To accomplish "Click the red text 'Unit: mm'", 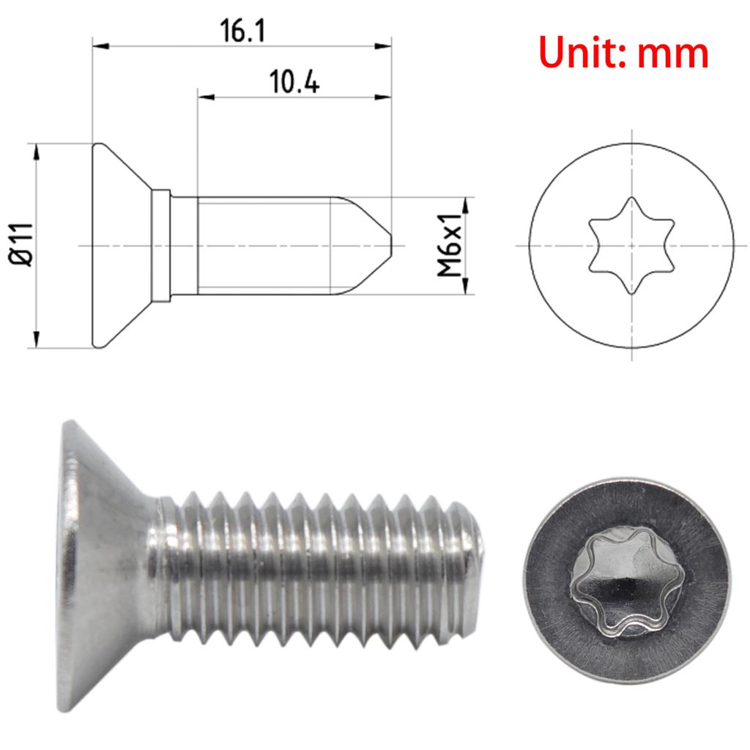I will coord(624,53).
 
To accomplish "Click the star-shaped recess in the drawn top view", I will coord(631,245).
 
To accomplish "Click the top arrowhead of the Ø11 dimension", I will coord(35,150).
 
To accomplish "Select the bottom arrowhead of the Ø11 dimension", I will coord(35,341).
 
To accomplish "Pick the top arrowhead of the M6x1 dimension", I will coord(466,204).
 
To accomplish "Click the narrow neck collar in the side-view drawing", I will coord(161,245).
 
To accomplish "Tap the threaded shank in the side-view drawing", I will coord(264,245).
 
